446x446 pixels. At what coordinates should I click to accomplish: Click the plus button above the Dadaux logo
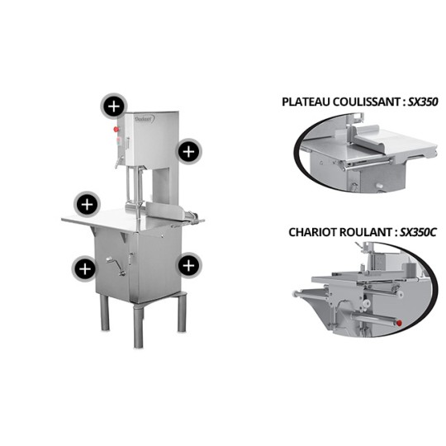(114, 107)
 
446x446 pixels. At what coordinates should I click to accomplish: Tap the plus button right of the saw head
(188, 152)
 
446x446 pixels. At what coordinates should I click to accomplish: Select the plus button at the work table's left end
(87, 205)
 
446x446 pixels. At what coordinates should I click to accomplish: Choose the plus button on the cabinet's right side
(188, 266)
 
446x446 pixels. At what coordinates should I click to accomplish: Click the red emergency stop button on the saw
(116, 130)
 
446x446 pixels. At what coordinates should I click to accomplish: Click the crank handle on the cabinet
(116, 266)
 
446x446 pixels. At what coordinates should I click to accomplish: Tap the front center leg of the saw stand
(139, 326)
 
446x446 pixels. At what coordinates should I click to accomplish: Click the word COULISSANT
(368, 102)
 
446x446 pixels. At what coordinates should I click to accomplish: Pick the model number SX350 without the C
(423, 102)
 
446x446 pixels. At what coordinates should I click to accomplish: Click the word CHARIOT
(312, 232)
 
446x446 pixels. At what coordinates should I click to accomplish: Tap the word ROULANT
(366, 232)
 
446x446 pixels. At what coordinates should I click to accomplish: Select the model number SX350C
(418, 232)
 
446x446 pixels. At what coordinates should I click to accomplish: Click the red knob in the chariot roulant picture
(399, 323)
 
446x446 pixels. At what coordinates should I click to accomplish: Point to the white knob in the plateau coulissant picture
(379, 186)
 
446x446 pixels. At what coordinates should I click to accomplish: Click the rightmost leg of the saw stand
(182, 312)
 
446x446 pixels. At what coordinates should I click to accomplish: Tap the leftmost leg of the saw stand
(104, 312)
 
